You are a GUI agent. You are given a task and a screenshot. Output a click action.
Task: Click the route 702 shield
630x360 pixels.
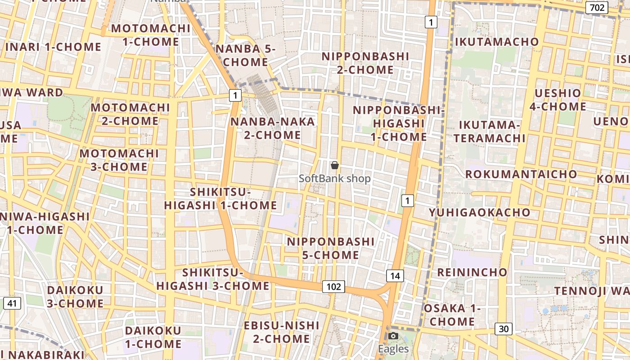tap(596, 7)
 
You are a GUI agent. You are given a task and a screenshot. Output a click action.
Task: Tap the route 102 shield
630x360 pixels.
tap(333, 287)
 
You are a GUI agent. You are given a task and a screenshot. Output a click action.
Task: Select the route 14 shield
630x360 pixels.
tap(395, 276)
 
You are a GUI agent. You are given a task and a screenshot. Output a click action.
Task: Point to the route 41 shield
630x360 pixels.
tap(12, 303)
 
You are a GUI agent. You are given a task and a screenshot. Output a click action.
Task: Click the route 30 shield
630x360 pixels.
tap(504, 329)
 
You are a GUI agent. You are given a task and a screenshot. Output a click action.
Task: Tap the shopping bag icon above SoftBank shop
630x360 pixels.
tap(334, 166)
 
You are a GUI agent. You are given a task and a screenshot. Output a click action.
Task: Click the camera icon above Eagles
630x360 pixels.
tap(393, 336)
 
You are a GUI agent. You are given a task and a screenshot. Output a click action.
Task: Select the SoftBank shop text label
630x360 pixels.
tap(335, 179)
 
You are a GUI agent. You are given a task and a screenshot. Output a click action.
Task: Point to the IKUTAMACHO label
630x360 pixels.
tap(497, 42)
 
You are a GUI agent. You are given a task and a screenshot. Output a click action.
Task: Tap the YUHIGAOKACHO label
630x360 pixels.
tap(479, 212)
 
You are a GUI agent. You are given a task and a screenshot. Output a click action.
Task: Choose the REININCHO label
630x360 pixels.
tap(472, 272)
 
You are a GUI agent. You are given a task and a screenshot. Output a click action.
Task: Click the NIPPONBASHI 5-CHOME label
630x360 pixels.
tap(331, 248)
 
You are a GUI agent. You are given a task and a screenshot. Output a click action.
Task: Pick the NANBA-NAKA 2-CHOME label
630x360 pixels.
tap(272, 128)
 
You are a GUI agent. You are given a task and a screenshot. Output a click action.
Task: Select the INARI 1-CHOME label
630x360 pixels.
tap(53, 47)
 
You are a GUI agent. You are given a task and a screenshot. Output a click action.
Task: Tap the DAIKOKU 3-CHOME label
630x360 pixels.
tap(75, 297)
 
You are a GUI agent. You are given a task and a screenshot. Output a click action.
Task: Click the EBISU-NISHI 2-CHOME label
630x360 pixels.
tap(281, 332)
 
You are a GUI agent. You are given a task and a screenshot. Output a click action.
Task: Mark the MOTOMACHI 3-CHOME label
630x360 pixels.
tap(119, 160)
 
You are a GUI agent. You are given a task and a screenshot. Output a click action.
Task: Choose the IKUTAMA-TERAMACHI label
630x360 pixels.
tap(489, 131)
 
